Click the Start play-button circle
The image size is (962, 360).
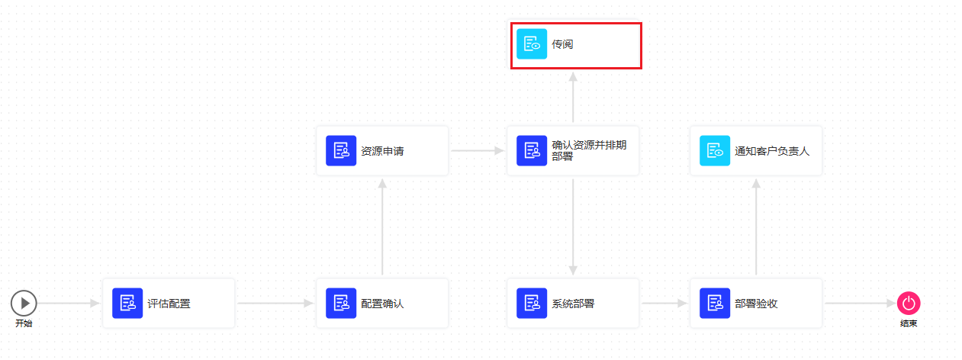(x=24, y=304)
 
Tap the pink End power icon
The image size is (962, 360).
(x=909, y=304)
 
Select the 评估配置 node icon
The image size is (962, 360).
(x=127, y=304)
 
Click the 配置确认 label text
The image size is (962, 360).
(x=382, y=304)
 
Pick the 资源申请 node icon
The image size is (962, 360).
(x=341, y=151)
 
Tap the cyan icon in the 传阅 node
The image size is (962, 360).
(x=532, y=44)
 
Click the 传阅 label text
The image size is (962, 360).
(x=562, y=44)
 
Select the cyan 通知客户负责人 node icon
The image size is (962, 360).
(x=715, y=151)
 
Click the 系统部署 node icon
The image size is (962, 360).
(x=532, y=304)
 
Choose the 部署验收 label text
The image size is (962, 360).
(x=756, y=304)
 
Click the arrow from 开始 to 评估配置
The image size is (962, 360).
(x=69, y=304)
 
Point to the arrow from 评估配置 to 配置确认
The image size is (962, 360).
(x=275, y=304)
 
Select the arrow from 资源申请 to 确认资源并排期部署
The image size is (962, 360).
(x=478, y=151)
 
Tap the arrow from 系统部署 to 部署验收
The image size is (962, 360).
(x=664, y=304)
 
